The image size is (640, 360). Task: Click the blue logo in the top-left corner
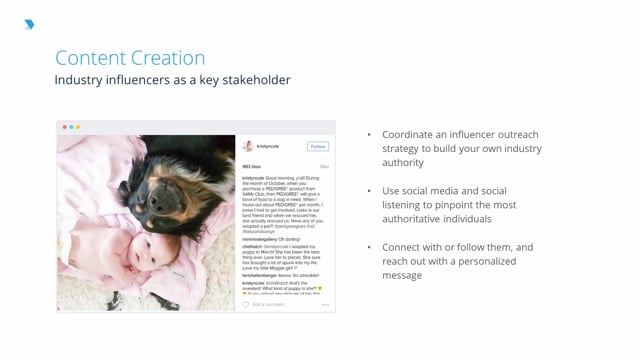coord(29,25)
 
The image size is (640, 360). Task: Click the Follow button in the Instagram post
coord(318,146)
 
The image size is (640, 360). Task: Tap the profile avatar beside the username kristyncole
coord(248,146)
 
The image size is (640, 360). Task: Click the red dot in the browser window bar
coord(66,127)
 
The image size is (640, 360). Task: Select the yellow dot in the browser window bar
coord(78,127)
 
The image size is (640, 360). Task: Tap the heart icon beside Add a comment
coord(246,304)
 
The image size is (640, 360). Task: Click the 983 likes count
coord(252,166)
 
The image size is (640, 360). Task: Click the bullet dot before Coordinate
coord(370,134)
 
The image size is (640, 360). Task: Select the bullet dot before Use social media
coord(370,190)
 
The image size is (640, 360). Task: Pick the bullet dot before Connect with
coord(370,246)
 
